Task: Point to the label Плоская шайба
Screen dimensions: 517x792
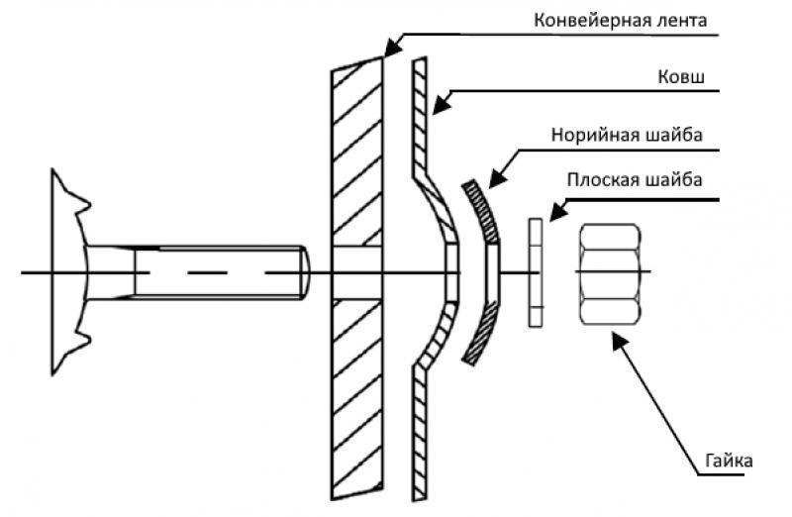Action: [635, 180]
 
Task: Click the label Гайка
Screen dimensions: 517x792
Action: [731, 462]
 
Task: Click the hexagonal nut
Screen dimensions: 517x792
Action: [610, 273]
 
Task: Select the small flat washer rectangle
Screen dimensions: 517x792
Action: [537, 272]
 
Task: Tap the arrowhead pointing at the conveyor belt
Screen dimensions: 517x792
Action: [390, 46]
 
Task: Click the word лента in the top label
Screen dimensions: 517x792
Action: [684, 20]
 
